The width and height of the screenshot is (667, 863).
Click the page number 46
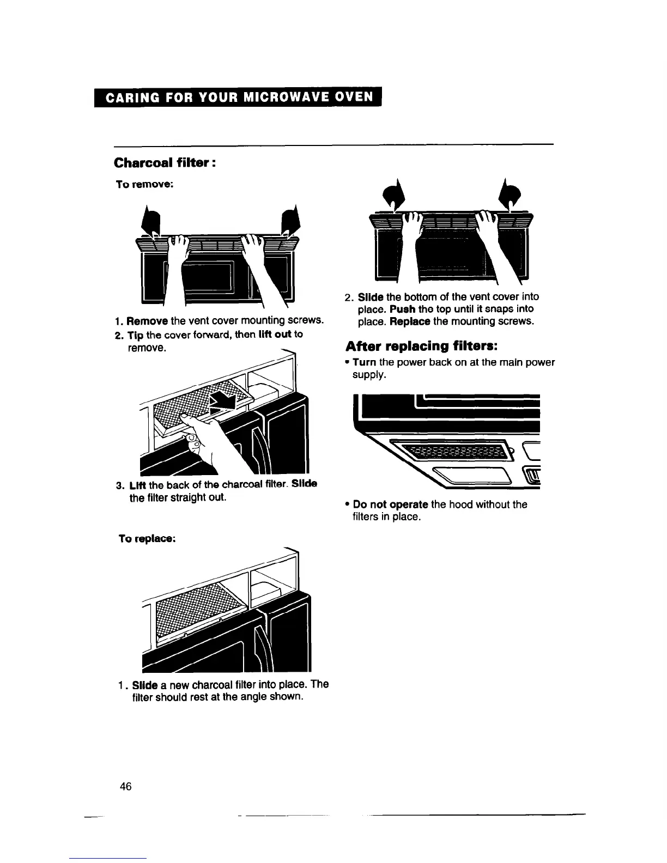[126, 786]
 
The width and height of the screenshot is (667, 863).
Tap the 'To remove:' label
[145, 185]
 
